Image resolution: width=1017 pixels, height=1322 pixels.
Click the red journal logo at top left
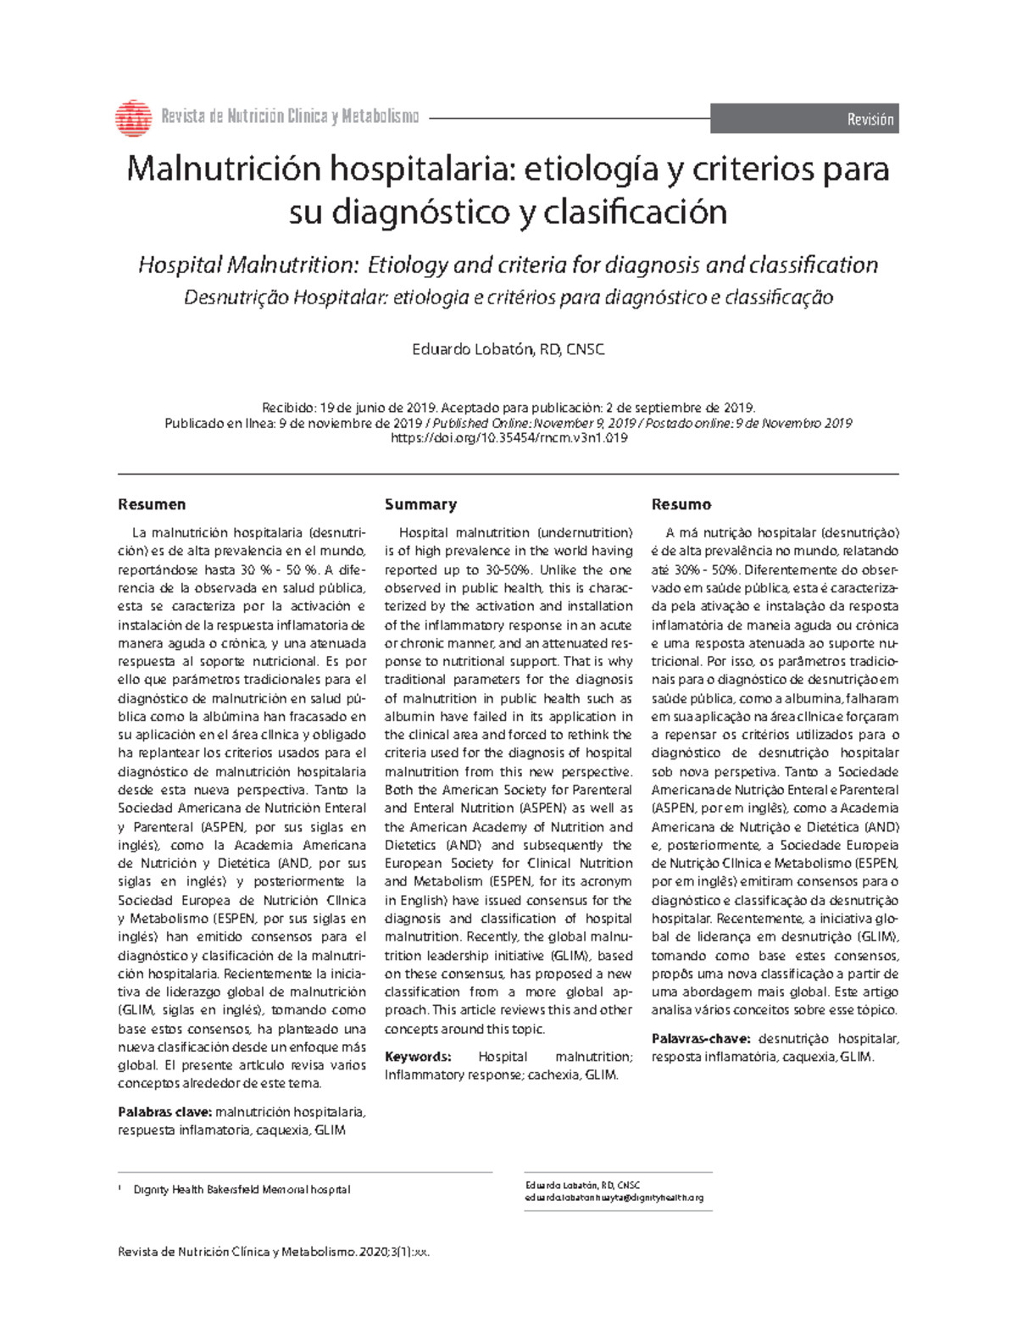[x=133, y=118]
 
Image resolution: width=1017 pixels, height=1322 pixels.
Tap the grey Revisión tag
[x=803, y=119]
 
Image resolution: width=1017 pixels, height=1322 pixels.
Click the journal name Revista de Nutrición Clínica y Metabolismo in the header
[x=290, y=117]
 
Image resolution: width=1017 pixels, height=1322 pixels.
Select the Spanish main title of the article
[x=508, y=190]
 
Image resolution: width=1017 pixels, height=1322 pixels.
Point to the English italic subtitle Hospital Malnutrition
[x=508, y=265]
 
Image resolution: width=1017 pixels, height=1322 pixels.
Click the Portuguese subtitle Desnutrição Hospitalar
[x=508, y=297]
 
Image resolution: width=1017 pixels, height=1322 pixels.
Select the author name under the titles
[x=508, y=349]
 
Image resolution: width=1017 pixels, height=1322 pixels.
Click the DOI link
[x=508, y=439]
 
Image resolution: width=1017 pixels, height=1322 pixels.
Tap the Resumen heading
[x=152, y=504]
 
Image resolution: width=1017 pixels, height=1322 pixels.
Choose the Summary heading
[x=420, y=504]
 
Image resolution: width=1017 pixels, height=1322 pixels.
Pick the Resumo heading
[x=681, y=504]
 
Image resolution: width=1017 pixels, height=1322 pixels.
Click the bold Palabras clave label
[x=165, y=1112]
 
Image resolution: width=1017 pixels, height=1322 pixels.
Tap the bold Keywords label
[x=418, y=1057]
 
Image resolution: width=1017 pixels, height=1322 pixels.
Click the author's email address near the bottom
[x=614, y=1197]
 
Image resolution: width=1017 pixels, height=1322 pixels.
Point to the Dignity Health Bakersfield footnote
[x=242, y=1189]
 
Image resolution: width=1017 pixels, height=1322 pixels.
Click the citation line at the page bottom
[x=280, y=1252]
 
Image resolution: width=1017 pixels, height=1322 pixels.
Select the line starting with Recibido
[x=508, y=407]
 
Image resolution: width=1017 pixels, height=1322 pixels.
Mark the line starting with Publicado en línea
[x=508, y=423]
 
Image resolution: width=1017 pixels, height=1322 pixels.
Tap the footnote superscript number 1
[x=120, y=1187]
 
